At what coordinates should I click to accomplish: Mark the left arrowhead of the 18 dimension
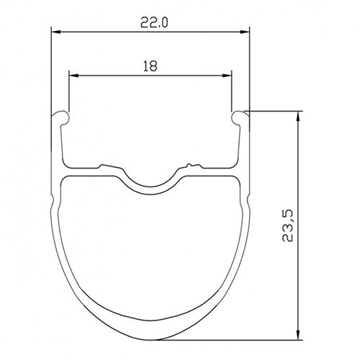[x=73, y=74]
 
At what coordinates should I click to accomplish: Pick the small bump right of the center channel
[x=189, y=166]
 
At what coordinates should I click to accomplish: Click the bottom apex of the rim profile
[x=150, y=338]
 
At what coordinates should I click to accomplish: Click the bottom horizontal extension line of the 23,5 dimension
[x=230, y=338]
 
